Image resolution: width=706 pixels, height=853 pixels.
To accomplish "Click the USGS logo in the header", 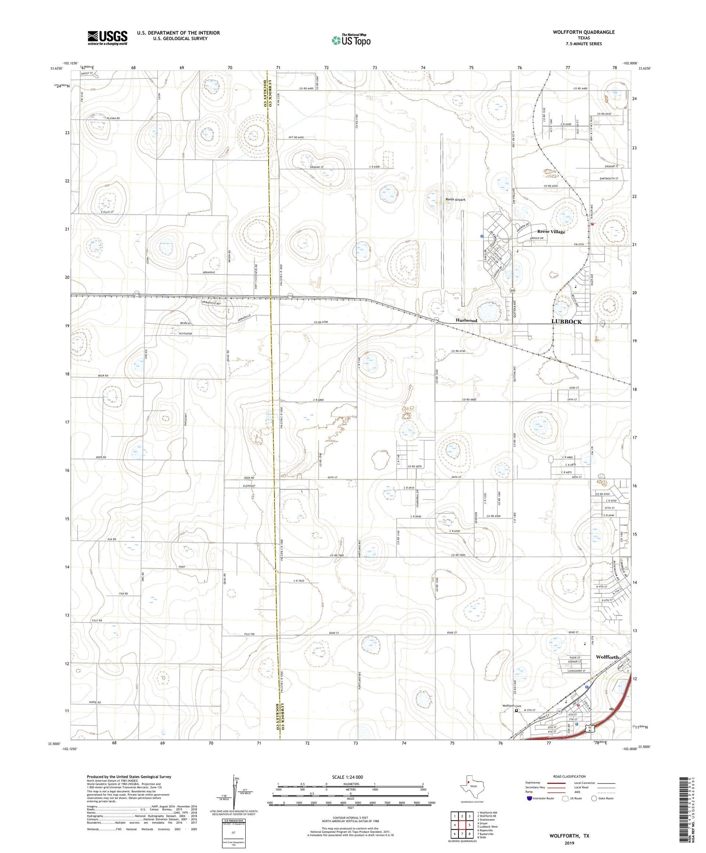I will [x=107, y=38].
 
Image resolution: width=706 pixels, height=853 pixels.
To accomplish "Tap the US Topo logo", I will [x=351, y=40].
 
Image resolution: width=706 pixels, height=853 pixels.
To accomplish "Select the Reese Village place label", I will [x=551, y=231].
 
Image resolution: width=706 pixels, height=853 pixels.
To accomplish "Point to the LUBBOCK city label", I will [x=566, y=322].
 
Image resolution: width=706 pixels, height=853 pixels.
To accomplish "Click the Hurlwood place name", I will [x=466, y=320].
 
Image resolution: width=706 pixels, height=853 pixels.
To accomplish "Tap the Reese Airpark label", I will [x=455, y=199].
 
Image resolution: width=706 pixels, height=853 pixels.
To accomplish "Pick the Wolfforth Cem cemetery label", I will [x=512, y=706].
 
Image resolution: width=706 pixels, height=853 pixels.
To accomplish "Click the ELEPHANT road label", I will [x=249, y=486].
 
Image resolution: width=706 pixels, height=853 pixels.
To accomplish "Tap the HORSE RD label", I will [x=94, y=702].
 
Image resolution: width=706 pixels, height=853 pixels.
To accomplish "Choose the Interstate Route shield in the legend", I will [x=529, y=798].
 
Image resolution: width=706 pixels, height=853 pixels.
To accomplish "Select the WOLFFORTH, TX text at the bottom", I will [x=569, y=836].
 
